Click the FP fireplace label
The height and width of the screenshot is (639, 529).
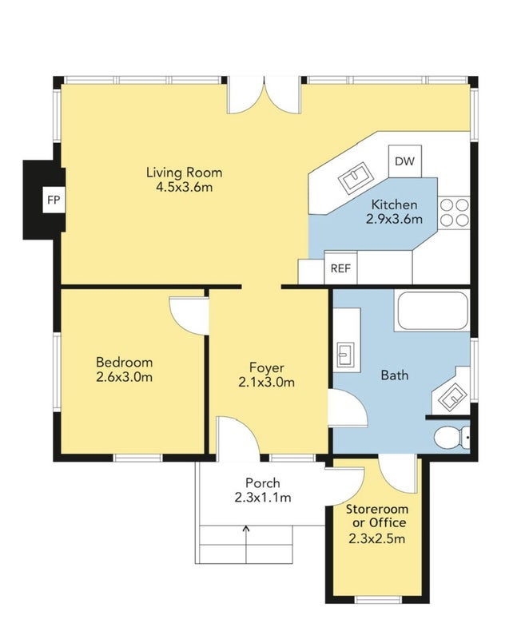click(x=54, y=200)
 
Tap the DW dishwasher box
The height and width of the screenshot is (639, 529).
click(x=404, y=161)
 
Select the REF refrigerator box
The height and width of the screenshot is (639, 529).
click(x=340, y=268)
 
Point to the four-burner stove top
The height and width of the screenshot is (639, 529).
click(x=454, y=212)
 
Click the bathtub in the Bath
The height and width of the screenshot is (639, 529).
click(x=432, y=311)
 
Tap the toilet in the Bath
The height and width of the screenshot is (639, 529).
click(x=452, y=438)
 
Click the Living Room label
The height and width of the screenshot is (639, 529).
click(x=185, y=173)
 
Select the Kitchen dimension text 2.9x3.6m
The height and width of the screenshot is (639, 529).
click(x=394, y=219)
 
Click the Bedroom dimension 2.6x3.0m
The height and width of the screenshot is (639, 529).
click(x=125, y=377)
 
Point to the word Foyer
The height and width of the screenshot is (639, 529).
click(x=267, y=367)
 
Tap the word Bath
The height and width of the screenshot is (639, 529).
click(x=395, y=375)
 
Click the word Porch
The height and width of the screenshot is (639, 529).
click(x=262, y=483)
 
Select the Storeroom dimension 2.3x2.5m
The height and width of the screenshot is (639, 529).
click(x=377, y=538)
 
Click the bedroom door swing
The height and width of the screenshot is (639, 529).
click(x=189, y=316)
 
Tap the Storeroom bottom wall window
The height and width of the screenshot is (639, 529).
click(x=378, y=601)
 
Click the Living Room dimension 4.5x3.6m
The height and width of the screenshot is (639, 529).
click(x=185, y=188)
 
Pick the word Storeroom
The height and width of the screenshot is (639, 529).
click(x=377, y=509)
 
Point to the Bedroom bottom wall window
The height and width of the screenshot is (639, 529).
click(x=137, y=458)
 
